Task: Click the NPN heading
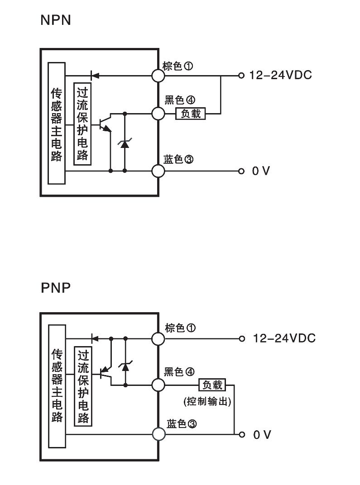(56, 20)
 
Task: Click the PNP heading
(56, 287)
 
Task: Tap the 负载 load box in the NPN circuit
(191, 113)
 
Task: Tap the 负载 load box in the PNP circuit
(212, 385)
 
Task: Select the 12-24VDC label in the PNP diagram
(284, 338)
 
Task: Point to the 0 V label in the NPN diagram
(261, 171)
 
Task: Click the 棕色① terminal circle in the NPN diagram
(158, 75)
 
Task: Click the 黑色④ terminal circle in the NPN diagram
(158, 113)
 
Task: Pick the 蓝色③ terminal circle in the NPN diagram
(158, 171)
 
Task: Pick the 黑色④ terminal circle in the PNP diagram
(158, 385)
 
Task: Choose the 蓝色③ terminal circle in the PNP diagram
(158, 434)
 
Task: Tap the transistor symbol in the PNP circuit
(106, 371)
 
